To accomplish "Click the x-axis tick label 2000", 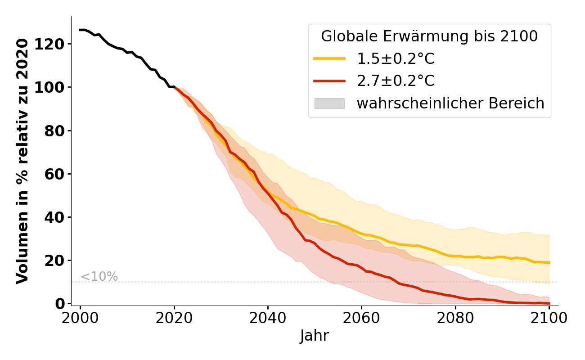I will click(81, 318).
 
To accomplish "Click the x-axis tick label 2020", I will click(174, 318).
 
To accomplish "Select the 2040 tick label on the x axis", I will click(268, 318).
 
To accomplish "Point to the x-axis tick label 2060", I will click(361, 318).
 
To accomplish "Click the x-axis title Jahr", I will click(315, 336).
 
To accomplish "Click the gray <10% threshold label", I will click(99, 277).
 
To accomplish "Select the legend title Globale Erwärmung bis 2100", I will click(429, 36).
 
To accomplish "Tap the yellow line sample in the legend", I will click(329, 58).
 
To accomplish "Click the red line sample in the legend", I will click(329, 81).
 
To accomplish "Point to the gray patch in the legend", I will click(329, 103).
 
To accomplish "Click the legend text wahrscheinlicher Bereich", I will click(450, 103).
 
